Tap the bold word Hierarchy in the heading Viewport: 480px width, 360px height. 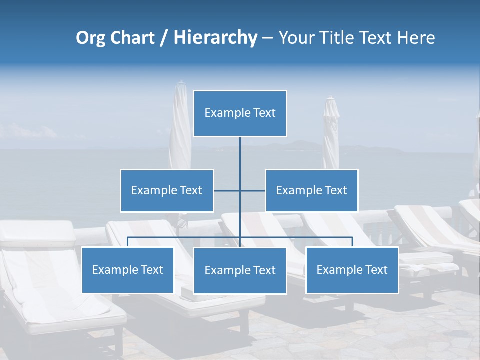[x=215, y=38]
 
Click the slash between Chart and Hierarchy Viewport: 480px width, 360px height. [x=164, y=38]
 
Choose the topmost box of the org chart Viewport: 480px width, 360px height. [x=240, y=113]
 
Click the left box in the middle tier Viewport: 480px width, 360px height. [x=167, y=191]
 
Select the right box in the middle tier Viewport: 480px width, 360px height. [x=312, y=191]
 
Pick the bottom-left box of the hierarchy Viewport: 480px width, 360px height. [x=128, y=270]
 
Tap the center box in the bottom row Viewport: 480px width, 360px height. [x=240, y=271]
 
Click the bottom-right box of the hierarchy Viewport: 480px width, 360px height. [x=352, y=270]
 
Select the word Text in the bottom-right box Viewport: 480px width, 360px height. [x=376, y=270]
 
